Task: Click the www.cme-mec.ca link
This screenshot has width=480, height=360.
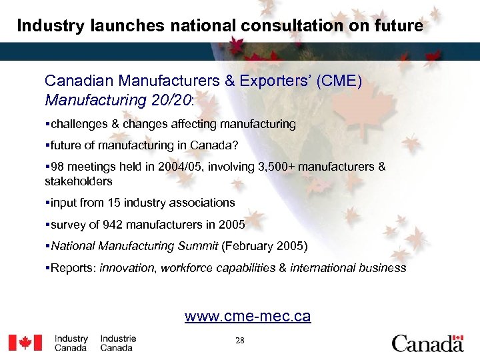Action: [x=247, y=316]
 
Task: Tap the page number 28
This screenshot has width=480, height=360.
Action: [x=240, y=341]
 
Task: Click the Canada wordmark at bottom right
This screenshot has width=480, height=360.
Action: [x=427, y=343]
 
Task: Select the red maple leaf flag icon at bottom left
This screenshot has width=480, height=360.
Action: [x=25, y=343]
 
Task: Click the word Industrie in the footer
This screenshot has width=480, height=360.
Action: [x=118, y=339]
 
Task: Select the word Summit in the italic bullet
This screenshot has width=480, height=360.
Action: [x=197, y=246]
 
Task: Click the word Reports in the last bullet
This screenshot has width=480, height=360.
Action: [x=73, y=268]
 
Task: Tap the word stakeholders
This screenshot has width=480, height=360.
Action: [x=78, y=181]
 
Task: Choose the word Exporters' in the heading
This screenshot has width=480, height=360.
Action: [x=275, y=81]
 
